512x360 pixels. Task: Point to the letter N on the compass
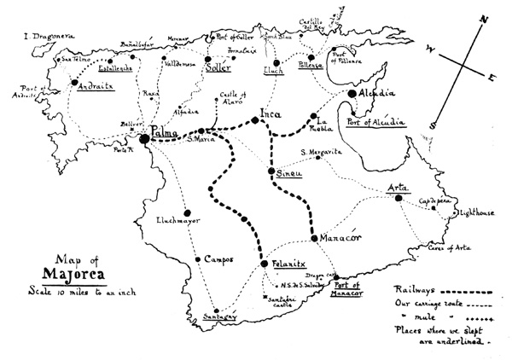(x=483, y=20)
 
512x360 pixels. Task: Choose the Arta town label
(x=397, y=188)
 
